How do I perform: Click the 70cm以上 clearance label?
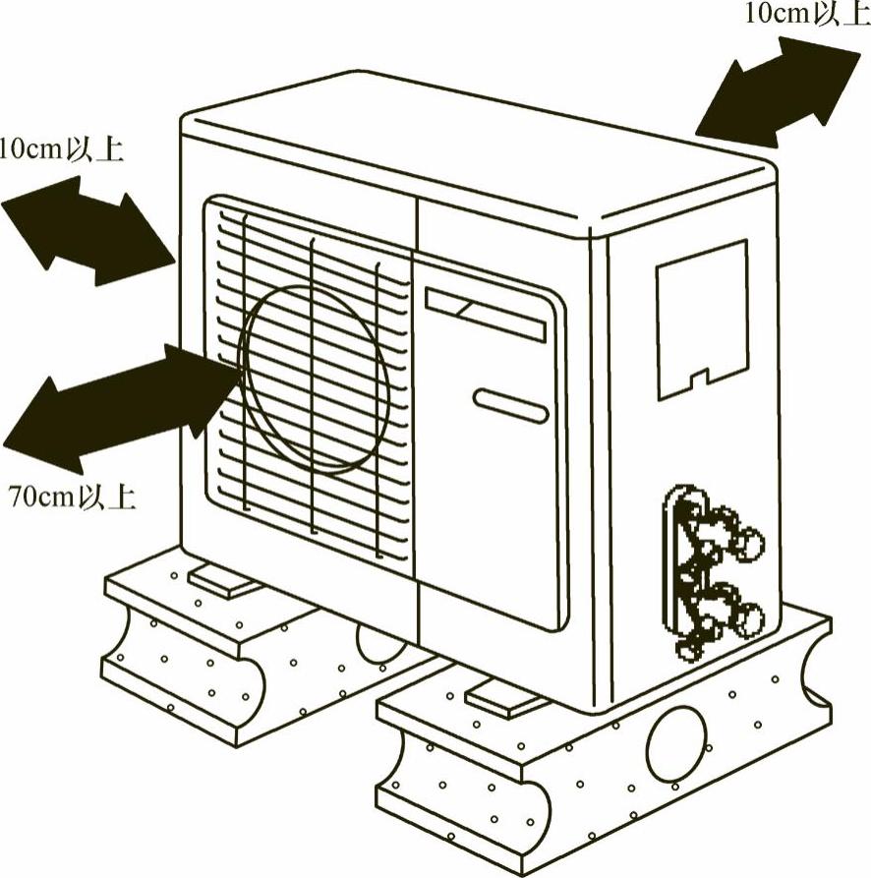coord(72,497)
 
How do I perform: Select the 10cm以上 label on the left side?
coord(61,150)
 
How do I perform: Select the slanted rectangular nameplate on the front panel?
coord(486,314)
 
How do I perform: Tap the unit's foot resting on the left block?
coord(224,580)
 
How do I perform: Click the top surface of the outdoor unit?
coord(472,147)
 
